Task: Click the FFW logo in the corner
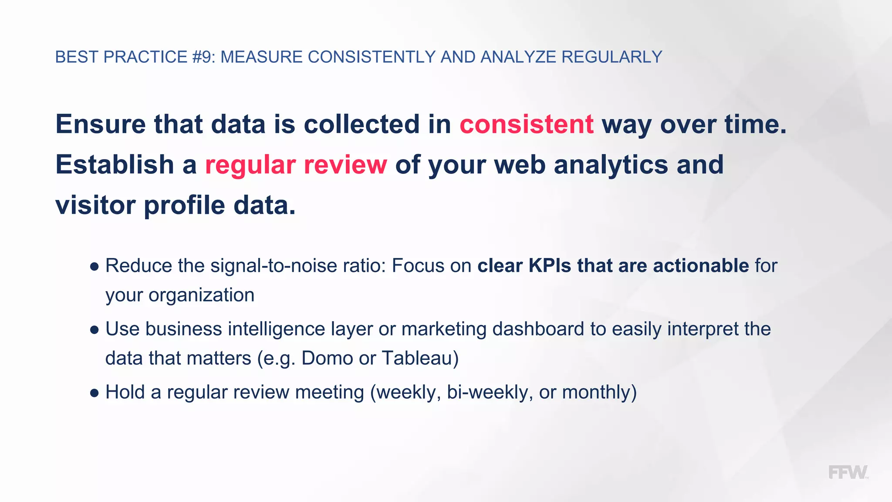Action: click(x=848, y=472)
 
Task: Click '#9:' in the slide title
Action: click(x=203, y=57)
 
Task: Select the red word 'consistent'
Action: click(x=526, y=124)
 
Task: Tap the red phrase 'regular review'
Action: click(x=296, y=165)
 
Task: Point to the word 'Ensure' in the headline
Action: click(x=101, y=124)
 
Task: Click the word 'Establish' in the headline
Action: click(x=115, y=165)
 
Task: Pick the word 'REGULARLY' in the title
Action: click(x=612, y=57)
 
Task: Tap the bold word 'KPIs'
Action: click(x=550, y=266)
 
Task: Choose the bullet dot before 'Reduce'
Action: click(x=95, y=267)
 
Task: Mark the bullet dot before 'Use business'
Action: click(x=95, y=330)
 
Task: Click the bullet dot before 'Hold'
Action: click(x=95, y=393)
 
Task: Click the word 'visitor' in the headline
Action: click(x=95, y=205)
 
